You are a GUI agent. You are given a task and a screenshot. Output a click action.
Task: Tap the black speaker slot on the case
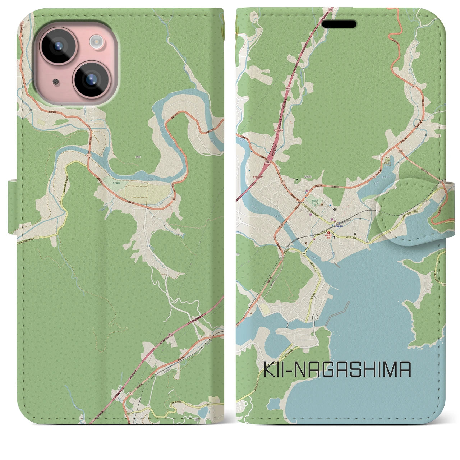339,24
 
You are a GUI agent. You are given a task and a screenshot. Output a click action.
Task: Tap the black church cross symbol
335,238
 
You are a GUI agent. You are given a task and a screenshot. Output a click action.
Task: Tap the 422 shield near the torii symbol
284,182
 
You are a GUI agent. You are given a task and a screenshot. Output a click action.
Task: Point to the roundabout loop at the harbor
315,317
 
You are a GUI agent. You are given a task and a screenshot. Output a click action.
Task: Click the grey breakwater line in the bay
338,312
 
